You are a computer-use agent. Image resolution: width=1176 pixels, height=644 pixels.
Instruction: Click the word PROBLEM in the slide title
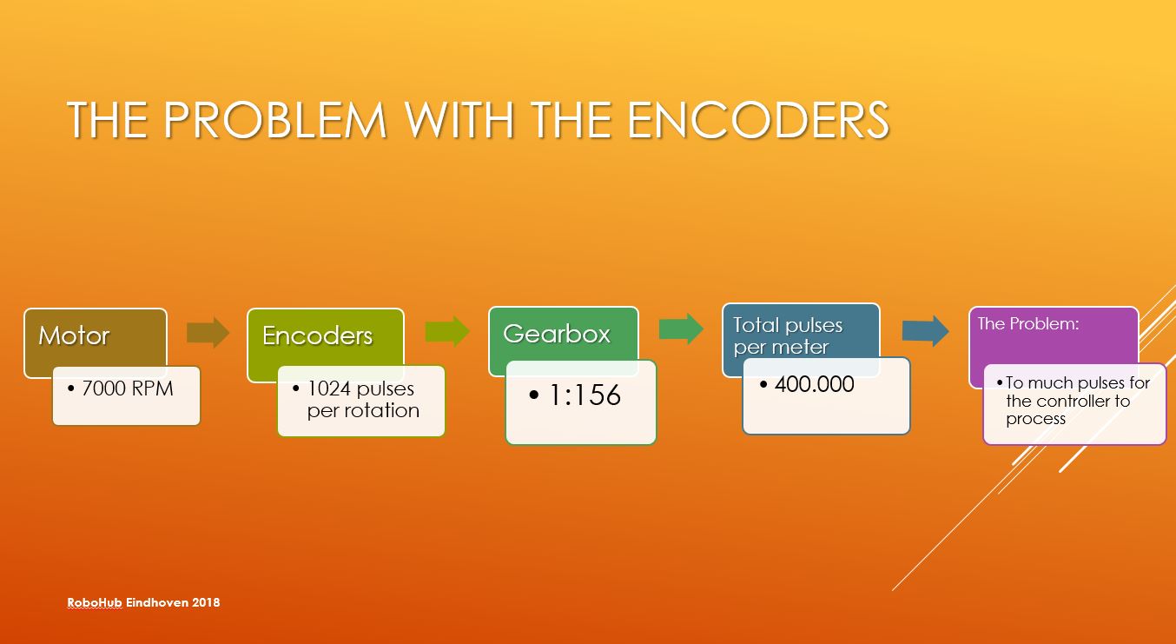pyautogui.click(x=275, y=120)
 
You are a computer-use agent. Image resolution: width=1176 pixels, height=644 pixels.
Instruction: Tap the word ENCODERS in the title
pyautogui.click(x=758, y=120)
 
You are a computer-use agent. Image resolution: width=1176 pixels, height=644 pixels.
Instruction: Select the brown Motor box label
pyautogui.click(x=74, y=335)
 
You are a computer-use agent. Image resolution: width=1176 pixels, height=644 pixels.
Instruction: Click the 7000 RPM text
pyautogui.click(x=128, y=388)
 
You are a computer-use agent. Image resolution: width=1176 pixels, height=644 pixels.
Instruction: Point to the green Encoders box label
pyautogui.click(x=318, y=335)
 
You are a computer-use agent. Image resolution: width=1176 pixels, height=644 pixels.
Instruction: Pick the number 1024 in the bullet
pyautogui.click(x=328, y=388)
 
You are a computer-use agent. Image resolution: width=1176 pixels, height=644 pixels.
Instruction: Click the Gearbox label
pyautogui.click(x=557, y=334)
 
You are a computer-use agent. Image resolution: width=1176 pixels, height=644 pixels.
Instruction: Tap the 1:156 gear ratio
pyautogui.click(x=585, y=395)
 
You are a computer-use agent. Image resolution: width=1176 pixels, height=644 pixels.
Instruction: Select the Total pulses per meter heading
pyautogui.click(x=788, y=336)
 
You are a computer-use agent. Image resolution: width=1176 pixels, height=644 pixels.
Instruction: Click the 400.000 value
pyautogui.click(x=815, y=384)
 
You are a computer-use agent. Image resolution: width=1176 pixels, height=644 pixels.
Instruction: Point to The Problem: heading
pyautogui.click(x=1028, y=323)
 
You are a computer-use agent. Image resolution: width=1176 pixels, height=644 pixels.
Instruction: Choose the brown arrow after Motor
pyautogui.click(x=208, y=332)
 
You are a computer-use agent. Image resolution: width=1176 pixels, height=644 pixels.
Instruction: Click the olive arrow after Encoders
pyautogui.click(x=447, y=331)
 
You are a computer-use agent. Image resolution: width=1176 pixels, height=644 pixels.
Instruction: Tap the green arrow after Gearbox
pyautogui.click(x=682, y=329)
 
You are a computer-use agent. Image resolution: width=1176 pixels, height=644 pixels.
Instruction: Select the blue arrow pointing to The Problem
pyautogui.click(x=926, y=331)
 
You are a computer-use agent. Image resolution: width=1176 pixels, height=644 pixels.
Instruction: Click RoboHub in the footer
pyautogui.click(x=95, y=602)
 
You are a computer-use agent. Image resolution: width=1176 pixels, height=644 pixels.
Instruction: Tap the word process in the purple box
pyautogui.click(x=1036, y=419)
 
